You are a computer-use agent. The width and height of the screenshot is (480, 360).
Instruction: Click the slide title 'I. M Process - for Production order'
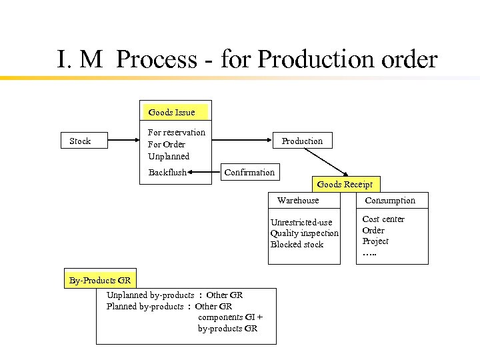[x=247, y=59]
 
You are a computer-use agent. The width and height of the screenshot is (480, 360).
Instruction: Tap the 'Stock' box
[x=81, y=141]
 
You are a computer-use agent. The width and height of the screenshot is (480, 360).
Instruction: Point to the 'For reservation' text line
[x=177, y=132]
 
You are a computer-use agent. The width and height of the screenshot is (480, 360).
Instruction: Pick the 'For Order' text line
[x=167, y=144]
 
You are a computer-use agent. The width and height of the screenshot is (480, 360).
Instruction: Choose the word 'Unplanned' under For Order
[x=169, y=156]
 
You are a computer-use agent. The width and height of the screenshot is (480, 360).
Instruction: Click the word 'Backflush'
[x=167, y=172]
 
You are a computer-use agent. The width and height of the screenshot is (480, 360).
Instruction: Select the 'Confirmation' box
[x=249, y=172]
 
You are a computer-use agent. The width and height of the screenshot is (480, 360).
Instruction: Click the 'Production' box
[x=302, y=141]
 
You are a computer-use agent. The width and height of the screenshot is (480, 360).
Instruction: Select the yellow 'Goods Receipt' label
[x=345, y=184]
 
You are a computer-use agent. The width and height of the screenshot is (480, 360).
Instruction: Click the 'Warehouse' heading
[x=298, y=200]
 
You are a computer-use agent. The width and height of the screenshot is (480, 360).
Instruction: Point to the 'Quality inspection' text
[x=305, y=233]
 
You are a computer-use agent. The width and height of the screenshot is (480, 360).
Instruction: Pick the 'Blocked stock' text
[x=297, y=244]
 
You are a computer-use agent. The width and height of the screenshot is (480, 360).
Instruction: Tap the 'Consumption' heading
[x=390, y=200]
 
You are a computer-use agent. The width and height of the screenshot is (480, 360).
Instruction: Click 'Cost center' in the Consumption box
[x=383, y=219]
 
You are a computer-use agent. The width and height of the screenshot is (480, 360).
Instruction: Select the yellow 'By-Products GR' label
[x=100, y=280]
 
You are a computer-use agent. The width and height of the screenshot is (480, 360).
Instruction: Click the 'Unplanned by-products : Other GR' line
[x=175, y=295]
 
